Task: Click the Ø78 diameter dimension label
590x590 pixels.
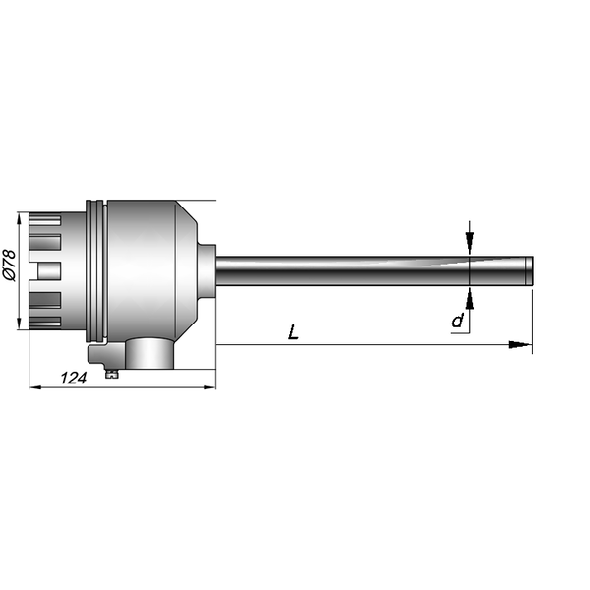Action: click(x=10, y=265)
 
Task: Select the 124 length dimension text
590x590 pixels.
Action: click(x=74, y=378)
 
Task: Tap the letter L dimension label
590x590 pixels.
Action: click(x=293, y=332)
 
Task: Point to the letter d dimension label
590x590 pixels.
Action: click(x=458, y=321)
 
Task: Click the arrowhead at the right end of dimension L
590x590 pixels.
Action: click(x=520, y=344)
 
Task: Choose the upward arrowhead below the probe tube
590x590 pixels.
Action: click(x=470, y=298)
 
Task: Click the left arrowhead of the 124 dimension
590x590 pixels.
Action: click(x=35, y=387)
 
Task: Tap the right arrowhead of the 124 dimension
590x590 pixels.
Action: click(x=209, y=387)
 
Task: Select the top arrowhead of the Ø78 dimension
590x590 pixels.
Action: click(x=19, y=219)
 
